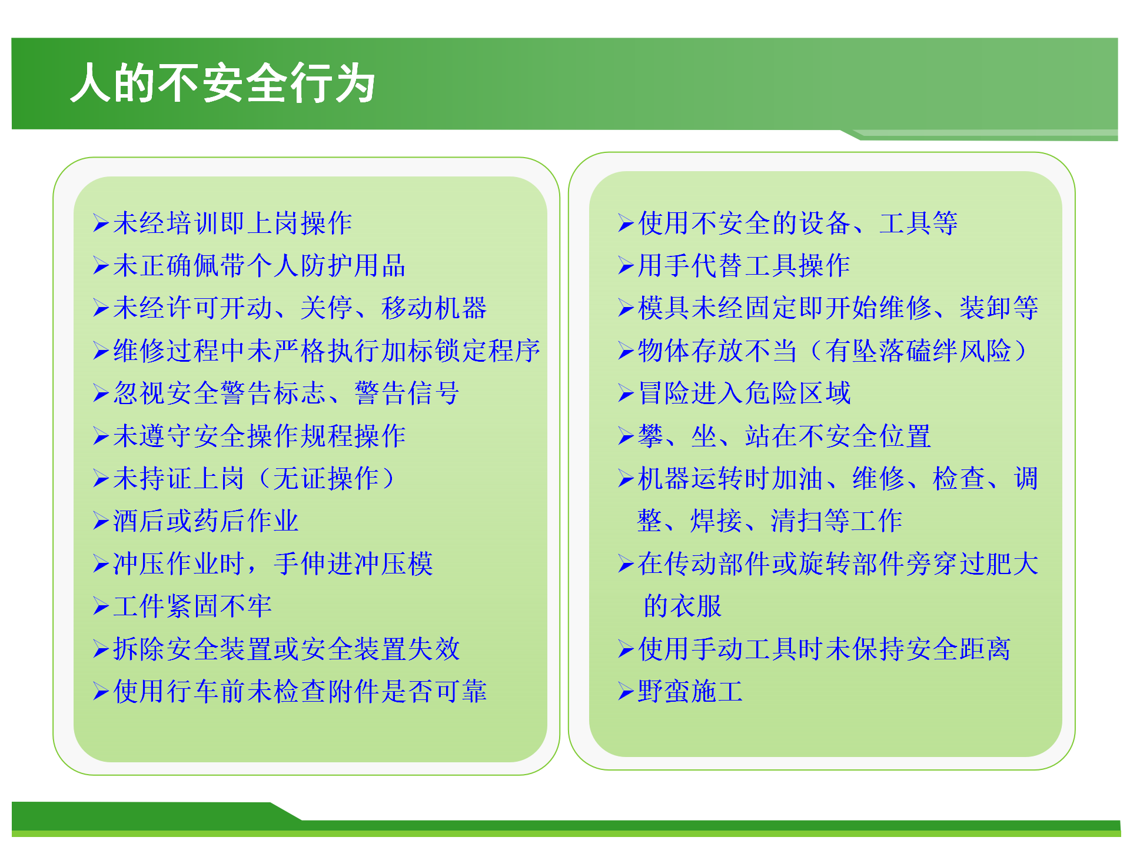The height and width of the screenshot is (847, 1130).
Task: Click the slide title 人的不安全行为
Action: coord(222,83)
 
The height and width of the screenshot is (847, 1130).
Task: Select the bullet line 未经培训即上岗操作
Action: coord(232,224)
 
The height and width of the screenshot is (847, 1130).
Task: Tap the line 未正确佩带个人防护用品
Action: coord(259,266)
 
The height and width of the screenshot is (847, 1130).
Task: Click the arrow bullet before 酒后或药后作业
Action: coord(101,522)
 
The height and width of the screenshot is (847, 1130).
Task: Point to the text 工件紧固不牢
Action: coord(192,606)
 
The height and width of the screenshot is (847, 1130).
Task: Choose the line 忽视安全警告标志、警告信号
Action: coord(286,394)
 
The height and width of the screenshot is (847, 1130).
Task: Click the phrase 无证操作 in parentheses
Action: coord(325,479)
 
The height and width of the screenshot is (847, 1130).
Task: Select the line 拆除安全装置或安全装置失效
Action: coord(286,649)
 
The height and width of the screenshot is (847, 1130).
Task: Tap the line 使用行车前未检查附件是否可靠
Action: coord(300,692)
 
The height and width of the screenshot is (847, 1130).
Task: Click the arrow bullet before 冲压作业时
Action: coord(101,565)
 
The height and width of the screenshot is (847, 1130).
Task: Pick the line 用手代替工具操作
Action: coord(744,266)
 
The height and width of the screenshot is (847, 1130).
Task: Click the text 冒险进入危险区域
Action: coord(744,394)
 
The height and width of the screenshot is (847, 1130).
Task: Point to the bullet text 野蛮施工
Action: coord(690,692)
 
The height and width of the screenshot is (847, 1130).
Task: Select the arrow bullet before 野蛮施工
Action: coord(626,692)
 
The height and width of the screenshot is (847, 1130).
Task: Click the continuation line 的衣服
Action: coord(683,606)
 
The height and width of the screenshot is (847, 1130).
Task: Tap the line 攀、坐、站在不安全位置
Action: coord(784,436)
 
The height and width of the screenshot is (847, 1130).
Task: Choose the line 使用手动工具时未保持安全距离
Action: coord(824,649)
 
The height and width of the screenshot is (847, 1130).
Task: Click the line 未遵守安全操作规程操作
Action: coord(259,436)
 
